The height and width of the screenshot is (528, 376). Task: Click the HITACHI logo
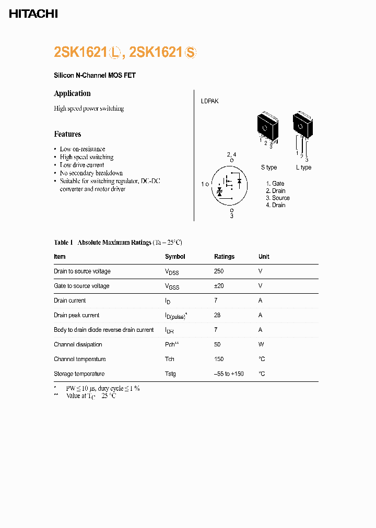pyautogui.click(x=33, y=14)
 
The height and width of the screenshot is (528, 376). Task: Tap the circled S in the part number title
pyautogui.click(x=191, y=53)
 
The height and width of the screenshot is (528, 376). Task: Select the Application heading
pyautogui.click(x=72, y=93)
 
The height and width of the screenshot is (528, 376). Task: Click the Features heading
pyautogui.click(x=67, y=134)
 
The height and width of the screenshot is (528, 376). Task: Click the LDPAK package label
pyautogui.click(x=209, y=101)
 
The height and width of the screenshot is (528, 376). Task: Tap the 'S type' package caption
pyautogui.click(x=269, y=167)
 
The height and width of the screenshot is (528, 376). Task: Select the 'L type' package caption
pyautogui.click(x=303, y=167)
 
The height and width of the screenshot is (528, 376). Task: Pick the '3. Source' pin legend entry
pyautogui.click(x=277, y=198)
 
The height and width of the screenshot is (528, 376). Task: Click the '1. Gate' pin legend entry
pyautogui.click(x=275, y=184)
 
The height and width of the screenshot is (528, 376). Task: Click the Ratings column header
pyautogui.click(x=224, y=257)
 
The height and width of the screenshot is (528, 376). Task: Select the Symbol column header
pyautogui.click(x=175, y=257)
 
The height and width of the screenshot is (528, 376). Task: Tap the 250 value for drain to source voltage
pyautogui.click(x=219, y=271)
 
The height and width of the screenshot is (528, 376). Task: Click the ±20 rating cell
pyautogui.click(x=219, y=286)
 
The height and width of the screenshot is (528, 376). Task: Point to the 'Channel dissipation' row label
pyautogui.click(x=78, y=344)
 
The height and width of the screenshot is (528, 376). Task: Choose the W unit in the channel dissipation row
pyautogui.click(x=261, y=344)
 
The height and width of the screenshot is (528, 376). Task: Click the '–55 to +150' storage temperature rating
pyautogui.click(x=229, y=374)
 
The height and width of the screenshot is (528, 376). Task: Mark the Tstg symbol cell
pyautogui.click(x=170, y=374)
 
